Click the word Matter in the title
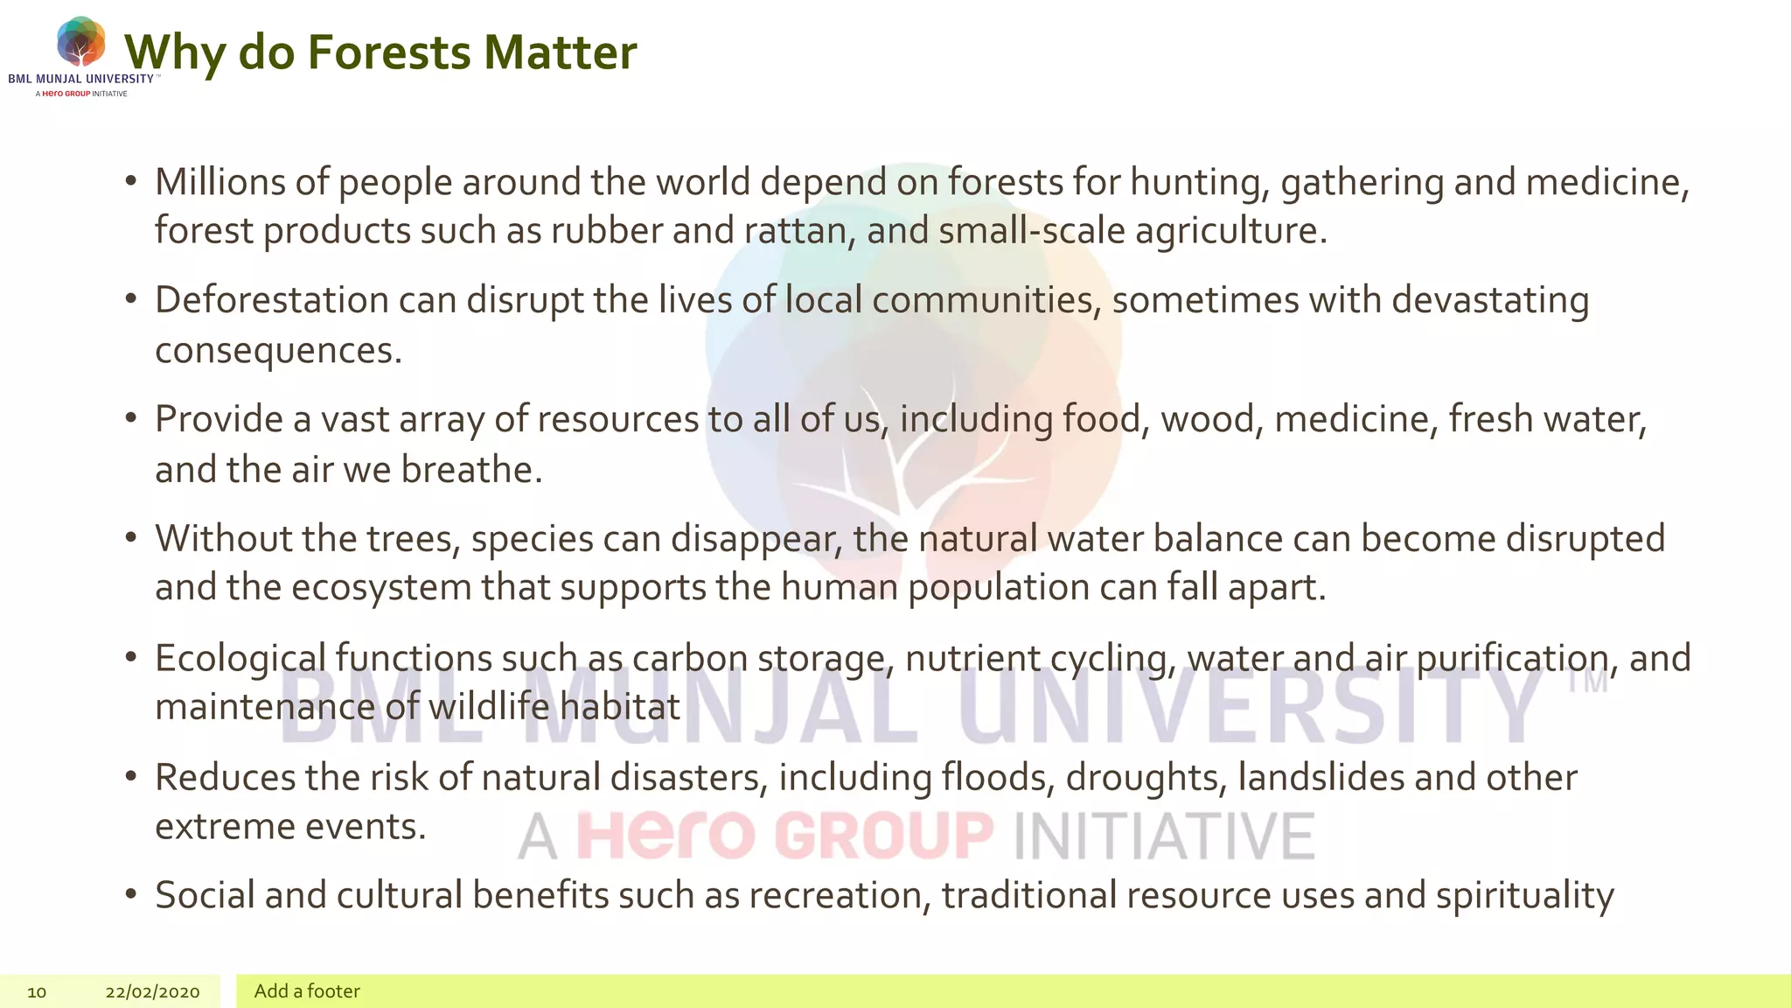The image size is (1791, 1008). click(560, 52)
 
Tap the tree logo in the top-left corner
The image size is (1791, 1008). click(80, 42)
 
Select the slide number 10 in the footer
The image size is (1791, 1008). click(37, 991)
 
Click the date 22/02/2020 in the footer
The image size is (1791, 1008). click(152, 991)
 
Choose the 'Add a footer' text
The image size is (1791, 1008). click(307, 990)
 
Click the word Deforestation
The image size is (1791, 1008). click(272, 300)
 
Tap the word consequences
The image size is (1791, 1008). click(277, 350)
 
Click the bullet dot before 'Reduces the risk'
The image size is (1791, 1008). click(131, 775)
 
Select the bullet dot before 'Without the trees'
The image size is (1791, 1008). click(131, 536)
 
